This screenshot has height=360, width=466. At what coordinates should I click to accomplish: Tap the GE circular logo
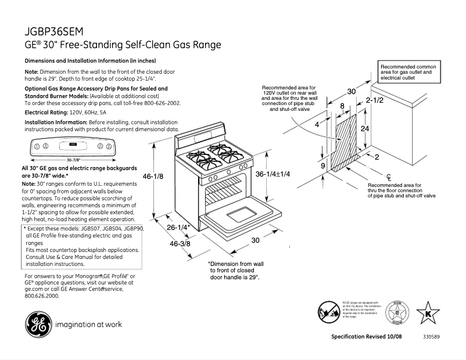click(x=37, y=323)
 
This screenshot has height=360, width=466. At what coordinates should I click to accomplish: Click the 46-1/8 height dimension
click(x=152, y=176)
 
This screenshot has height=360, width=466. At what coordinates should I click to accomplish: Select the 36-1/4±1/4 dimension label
click(x=273, y=174)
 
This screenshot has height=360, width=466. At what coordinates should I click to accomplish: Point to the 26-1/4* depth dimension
click(x=179, y=228)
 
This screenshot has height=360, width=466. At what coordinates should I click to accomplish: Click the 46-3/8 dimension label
click(x=180, y=244)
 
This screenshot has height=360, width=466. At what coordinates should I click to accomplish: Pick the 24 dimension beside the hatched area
click(x=365, y=129)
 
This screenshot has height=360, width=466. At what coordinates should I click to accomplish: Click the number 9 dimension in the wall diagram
click(x=322, y=166)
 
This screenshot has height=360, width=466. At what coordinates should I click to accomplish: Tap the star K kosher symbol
click(x=428, y=314)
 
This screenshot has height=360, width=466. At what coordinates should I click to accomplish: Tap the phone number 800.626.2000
click(x=42, y=296)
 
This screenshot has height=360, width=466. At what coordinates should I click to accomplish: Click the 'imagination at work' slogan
click(x=88, y=324)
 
